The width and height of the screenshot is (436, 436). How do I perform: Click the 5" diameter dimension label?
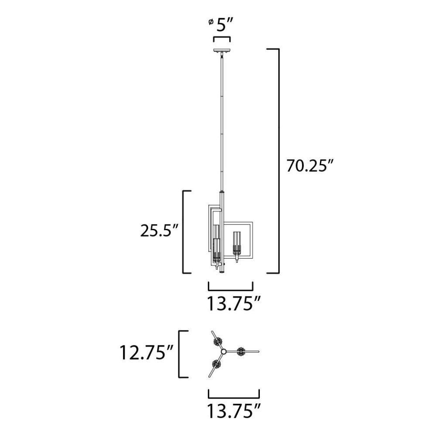tap(225, 25)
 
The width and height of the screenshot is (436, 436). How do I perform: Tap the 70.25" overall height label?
tap(310, 166)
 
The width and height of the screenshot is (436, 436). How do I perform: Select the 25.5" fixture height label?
tap(159, 231)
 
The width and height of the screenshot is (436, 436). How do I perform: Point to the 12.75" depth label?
tap(146, 353)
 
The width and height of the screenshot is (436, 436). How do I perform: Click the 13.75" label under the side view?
tap(234, 303)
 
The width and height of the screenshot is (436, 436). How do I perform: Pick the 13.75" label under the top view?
tap(234, 412)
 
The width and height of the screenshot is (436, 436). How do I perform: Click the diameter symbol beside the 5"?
tap(211, 22)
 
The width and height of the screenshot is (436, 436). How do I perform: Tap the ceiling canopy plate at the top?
tap(221, 51)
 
